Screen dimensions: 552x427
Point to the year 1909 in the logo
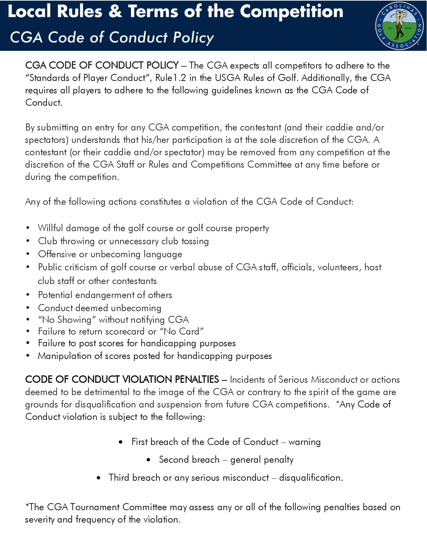(408, 28)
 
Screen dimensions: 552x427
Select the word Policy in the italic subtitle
(193, 38)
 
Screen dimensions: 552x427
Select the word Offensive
(57, 254)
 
